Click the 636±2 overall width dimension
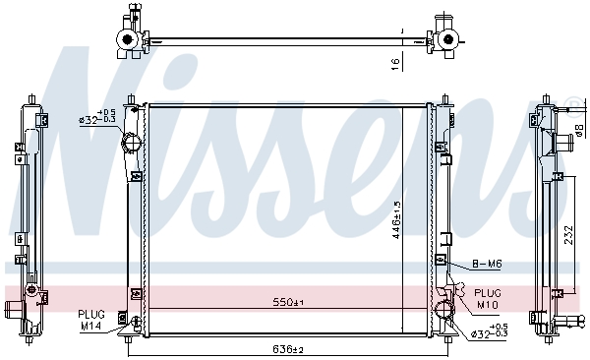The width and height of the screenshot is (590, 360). click(x=288, y=350)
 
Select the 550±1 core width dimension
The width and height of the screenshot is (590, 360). click(x=288, y=302)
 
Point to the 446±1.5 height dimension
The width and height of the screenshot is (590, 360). click(x=397, y=220)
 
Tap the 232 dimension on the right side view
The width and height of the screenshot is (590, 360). click(x=568, y=235)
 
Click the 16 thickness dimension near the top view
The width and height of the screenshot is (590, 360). click(x=395, y=65)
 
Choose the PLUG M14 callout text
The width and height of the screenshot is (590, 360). click(x=91, y=320)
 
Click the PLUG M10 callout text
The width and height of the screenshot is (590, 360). click(x=488, y=299)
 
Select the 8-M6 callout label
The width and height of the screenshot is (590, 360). click(x=487, y=264)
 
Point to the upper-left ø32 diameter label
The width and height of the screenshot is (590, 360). click(x=97, y=116)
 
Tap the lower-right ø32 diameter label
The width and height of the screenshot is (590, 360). click(x=490, y=330)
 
